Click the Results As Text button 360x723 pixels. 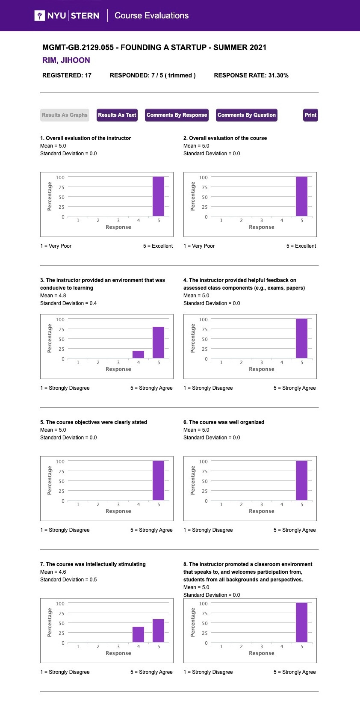coord(117,115)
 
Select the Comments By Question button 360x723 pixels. coord(246,115)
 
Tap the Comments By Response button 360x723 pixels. coord(177,115)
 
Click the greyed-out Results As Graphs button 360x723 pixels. coord(65,115)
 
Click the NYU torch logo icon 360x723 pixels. coord(40,15)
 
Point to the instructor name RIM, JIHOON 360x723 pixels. coord(66,60)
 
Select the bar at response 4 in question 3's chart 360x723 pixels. coord(139,354)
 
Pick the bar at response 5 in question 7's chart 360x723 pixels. coord(158,630)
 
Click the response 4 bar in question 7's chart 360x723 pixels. coord(139,634)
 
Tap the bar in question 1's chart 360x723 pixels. coord(158,196)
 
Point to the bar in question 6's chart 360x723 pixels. coord(301,480)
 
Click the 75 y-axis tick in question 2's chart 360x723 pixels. coord(205,187)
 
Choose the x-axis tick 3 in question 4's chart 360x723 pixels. coord(261,362)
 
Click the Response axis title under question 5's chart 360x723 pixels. coord(118,511)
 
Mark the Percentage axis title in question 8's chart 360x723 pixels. coord(193,622)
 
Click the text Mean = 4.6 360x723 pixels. coord(53,572)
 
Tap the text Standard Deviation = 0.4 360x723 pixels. coord(68,303)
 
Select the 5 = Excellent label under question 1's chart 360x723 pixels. coord(158,246)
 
